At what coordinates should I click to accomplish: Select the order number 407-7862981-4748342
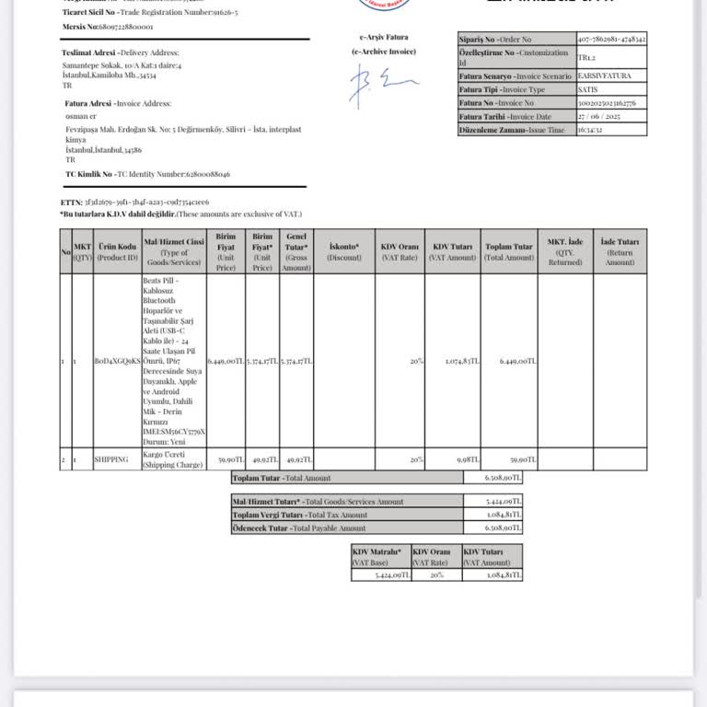point(612,40)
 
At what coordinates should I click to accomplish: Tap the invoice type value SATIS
point(590,89)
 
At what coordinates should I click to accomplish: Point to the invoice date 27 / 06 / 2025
point(600,117)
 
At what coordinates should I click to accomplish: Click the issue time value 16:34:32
point(590,131)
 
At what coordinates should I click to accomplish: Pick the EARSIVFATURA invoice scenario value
point(605,75)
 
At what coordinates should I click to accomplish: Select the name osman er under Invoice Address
point(81,117)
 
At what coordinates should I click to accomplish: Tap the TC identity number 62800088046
point(194,174)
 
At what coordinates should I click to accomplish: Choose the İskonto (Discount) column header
point(344,251)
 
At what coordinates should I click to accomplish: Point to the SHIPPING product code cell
point(110,458)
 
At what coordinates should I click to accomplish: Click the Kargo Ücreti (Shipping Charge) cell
point(171,460)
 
